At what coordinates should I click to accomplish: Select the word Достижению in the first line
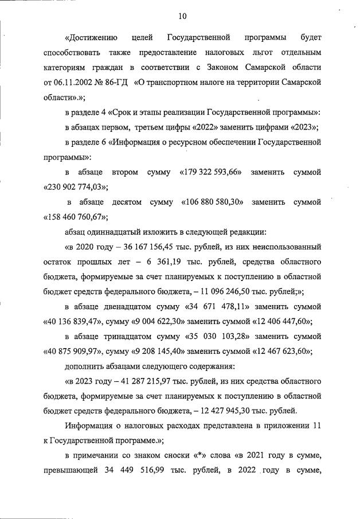click(x=92, y=37)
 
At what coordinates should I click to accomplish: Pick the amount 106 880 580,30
click(x=213, y=202)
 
